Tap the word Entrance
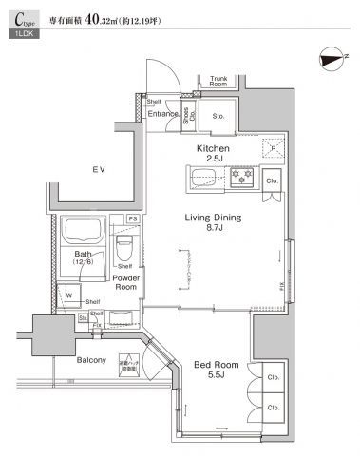pos(162,115)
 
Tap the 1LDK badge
pos(20,33)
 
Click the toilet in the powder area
pos(123,250)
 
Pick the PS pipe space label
pos(132,218)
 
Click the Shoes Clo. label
pos(187,117)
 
